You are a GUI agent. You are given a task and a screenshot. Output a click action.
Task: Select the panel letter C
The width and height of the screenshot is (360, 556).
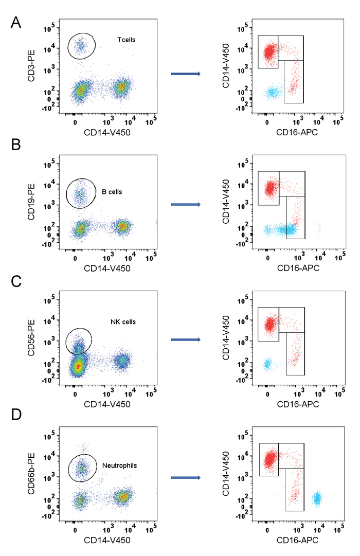pos(16,281)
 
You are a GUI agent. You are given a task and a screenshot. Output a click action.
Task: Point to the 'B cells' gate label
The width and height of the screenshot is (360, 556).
pos(112,192)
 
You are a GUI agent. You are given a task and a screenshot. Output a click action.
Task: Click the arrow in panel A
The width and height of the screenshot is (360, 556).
pos(186,75)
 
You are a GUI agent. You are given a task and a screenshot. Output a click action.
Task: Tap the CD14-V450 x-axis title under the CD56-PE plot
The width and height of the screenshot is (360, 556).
pos(108,404)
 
